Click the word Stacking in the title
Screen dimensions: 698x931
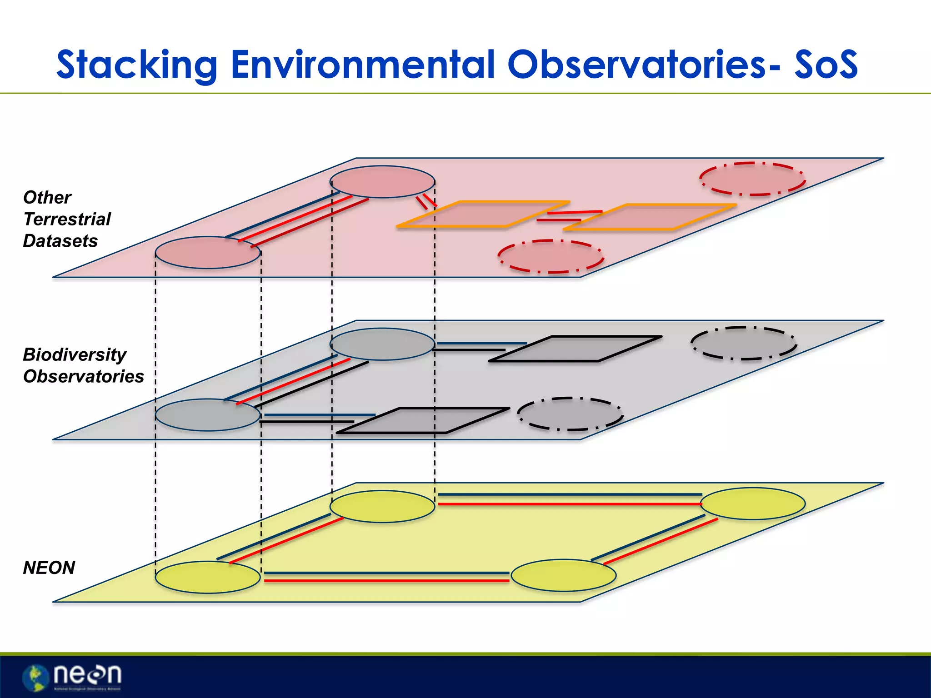(x=136, y=65)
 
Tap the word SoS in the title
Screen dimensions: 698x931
(x=826, y=65)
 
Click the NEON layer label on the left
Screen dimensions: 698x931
(x=49, y=568)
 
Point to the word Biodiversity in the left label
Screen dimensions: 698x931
(x=75, y=354)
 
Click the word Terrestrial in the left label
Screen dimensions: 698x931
(x=67, y=219)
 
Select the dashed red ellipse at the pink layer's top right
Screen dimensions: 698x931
(x=752, y=179)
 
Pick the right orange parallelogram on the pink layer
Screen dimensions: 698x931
(x=650, y=217)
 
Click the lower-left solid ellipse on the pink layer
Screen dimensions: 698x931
(x=208, y=253)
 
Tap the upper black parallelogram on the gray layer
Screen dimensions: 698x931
(x=575, y=349)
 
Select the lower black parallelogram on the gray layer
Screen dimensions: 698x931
(x=423, y=420)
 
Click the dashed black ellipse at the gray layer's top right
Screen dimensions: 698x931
(x=744, y=343)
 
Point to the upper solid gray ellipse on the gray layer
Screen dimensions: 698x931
(x=382, y=344)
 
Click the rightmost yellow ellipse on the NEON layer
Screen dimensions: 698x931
(x=753, y=504)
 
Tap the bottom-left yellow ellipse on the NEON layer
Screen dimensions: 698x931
(x=208, y=577)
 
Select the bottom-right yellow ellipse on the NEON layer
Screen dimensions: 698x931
(x=563, y=575)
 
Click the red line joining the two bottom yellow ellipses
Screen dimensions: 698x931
(x=386, y=581)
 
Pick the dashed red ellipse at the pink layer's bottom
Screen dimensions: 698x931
(x=551, y=256)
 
